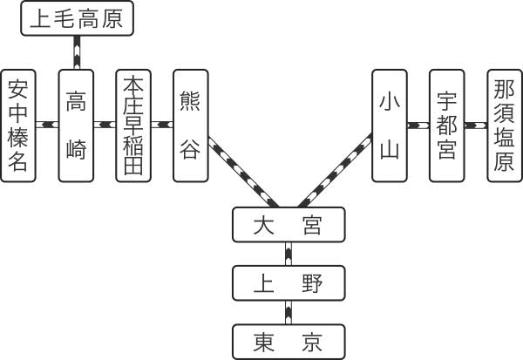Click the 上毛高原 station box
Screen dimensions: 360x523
tap(77, 18)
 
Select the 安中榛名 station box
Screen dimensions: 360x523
tap(18, 125)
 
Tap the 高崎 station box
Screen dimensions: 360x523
tap(76, 125)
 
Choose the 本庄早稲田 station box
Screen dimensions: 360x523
tap(133, 125)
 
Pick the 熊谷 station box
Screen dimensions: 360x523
tap(191, 125)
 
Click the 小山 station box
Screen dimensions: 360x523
tap(389, 125)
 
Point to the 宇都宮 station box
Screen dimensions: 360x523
tap(446, 125)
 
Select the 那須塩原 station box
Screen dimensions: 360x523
tap(504, 125)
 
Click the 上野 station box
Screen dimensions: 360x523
tap(288, 283)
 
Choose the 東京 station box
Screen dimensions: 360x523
tap(288, 340)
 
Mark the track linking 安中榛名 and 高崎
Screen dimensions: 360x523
tap(47, 125)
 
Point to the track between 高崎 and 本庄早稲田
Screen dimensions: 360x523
tap(105, 125)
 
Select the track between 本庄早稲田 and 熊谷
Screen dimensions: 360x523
tap(162, 125)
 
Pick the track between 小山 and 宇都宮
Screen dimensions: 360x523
tap(418, 125)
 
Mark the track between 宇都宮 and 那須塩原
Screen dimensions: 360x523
tap(475, 125)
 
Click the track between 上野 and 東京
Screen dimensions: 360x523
tap(288, 311)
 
